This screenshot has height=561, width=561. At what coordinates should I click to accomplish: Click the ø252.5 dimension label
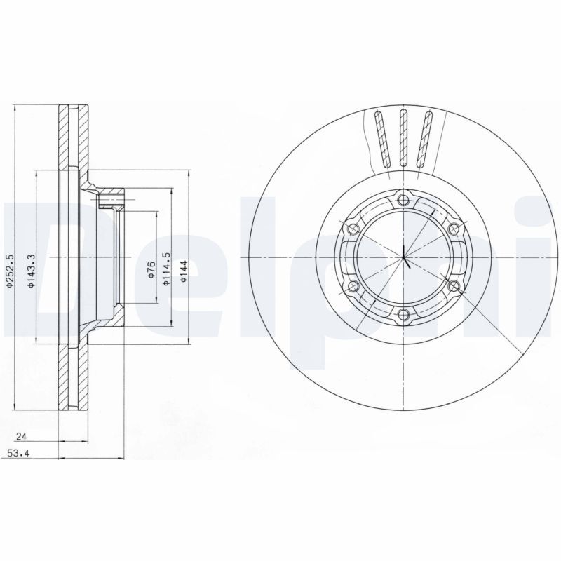point(10,271)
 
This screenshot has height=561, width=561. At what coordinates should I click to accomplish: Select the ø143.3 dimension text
point(32,271)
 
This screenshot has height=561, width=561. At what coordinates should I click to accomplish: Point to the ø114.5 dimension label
point(166,269)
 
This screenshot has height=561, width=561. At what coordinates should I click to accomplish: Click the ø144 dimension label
point(184,270)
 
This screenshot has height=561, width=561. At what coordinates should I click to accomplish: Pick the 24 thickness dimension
point(22,436)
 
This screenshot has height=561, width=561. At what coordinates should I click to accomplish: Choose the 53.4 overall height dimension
point(18,454)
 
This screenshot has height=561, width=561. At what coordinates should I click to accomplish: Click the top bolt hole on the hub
point(403,200)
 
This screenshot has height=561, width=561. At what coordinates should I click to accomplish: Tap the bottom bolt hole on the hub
point(403,314)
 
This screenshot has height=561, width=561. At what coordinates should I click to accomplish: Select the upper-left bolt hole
point(353,229)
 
